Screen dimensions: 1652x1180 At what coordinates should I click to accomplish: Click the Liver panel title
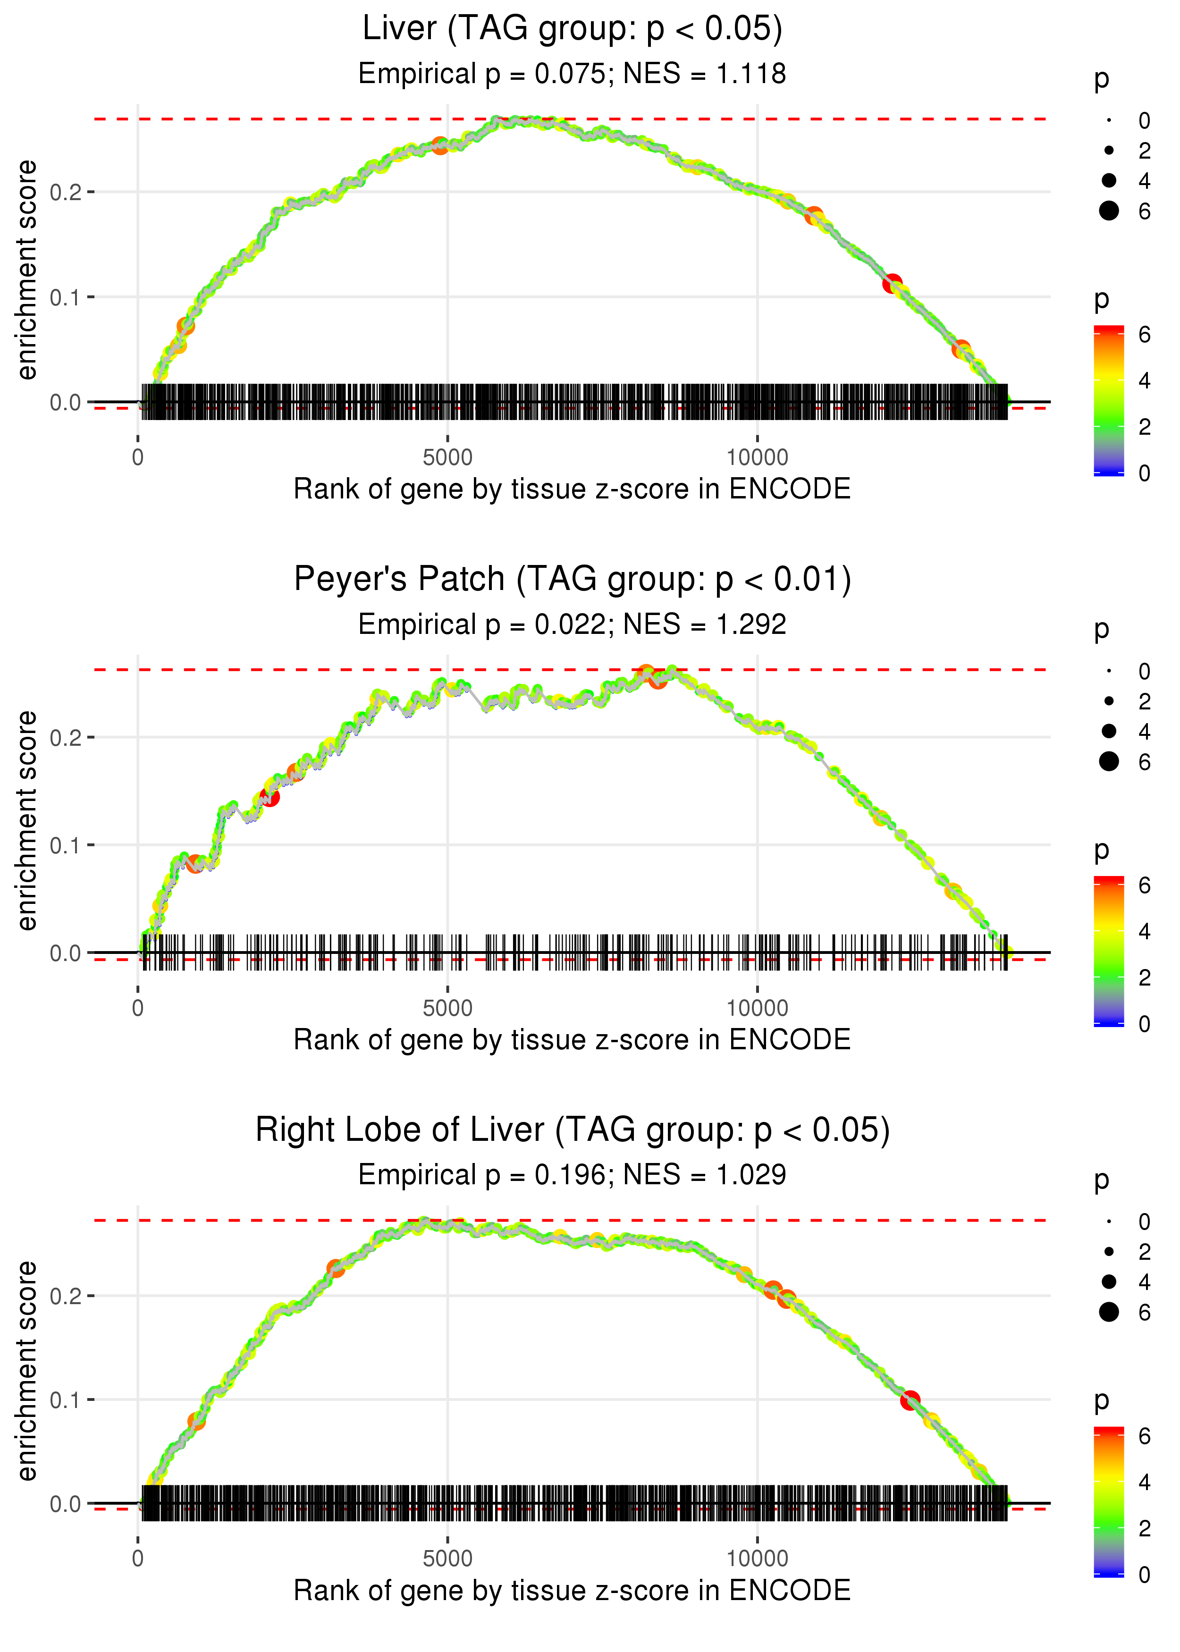572,29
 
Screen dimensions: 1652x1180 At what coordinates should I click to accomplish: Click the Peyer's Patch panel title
572,580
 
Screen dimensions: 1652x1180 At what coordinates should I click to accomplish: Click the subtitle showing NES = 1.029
572,1175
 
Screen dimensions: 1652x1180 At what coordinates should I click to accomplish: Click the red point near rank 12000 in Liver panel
892,283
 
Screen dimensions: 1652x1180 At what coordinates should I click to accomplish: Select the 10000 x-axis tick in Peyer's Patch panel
757,1008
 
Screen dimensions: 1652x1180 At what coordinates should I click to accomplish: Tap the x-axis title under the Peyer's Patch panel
572,1040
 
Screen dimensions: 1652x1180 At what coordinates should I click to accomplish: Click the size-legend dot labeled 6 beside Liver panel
1109,211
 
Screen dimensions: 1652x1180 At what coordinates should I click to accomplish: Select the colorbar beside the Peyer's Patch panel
1108,950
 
